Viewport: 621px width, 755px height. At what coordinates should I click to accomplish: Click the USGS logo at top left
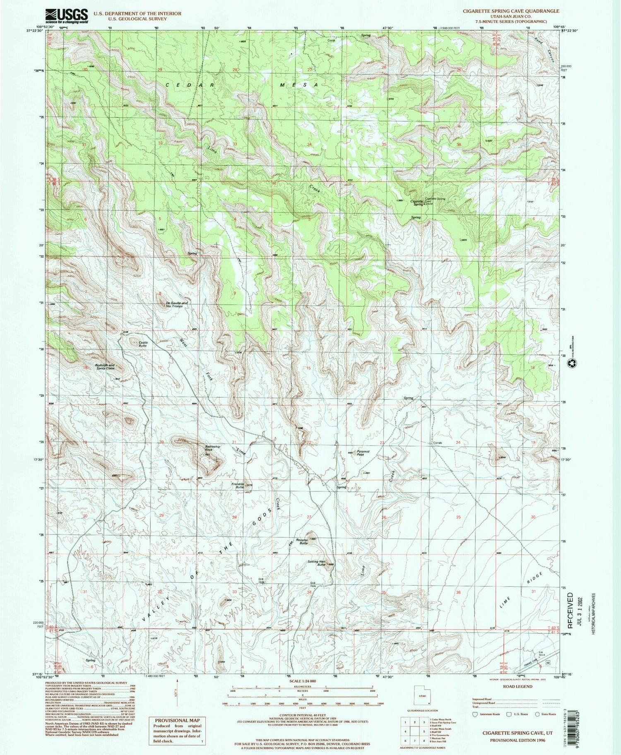coord(67,16)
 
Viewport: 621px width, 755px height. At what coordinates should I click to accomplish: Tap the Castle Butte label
coord(143,344)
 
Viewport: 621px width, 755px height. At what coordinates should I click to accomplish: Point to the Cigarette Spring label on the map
coord(417,203)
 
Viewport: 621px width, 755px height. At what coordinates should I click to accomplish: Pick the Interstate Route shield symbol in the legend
coord(475,714)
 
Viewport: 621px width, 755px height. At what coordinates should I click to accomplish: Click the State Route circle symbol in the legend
coord(537,714)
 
